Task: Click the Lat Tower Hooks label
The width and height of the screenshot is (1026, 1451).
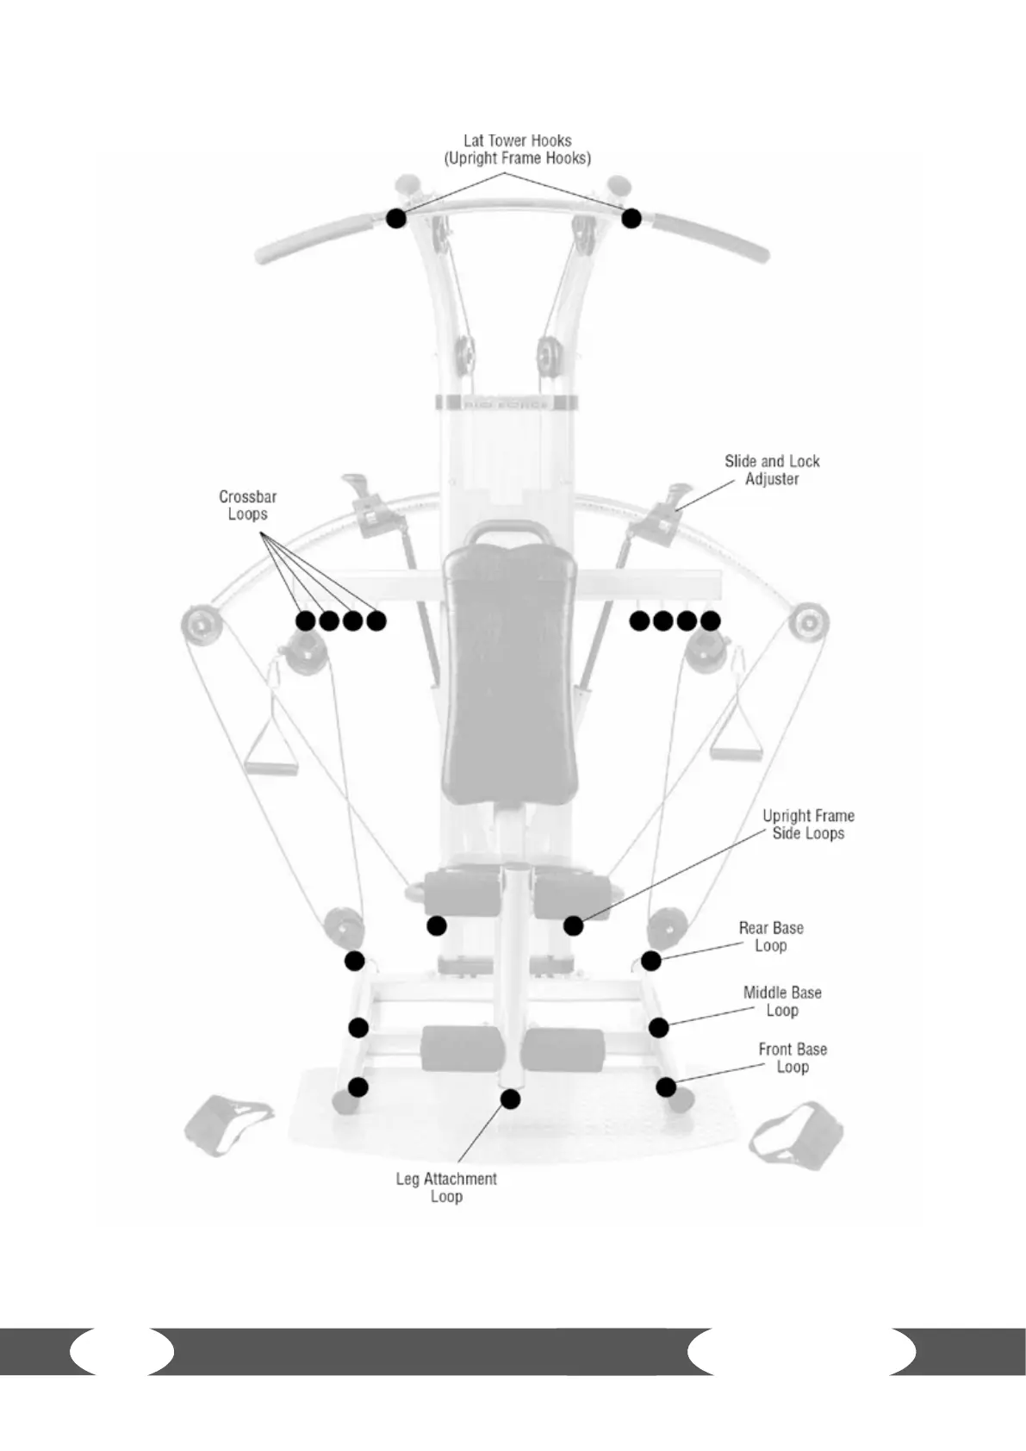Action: pyautogui.click(x=517, y=149)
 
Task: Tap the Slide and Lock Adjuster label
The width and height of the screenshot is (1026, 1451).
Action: pyautogui.click(x=772, y=470)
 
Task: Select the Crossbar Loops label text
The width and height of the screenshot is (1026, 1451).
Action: pyautogui.click(x=247, y=505)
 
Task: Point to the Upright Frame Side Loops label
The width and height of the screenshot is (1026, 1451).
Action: pyautogui.click(x=808, y=824)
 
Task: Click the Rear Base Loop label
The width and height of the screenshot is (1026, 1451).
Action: pyautogui.click(x=771, y=937)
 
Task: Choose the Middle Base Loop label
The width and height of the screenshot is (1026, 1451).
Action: pyautogui.click(x=782, y=1001)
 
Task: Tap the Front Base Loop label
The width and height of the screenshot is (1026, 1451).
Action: pyautogui.click(x=793, y=1058)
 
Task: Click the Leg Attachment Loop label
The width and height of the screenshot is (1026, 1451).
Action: pyautogui.click(x=446, y=1187)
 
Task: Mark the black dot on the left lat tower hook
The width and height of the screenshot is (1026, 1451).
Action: pyautogui.click(x=396, y=218)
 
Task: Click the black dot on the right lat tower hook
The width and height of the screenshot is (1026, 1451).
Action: pyautogui.click(x=631, y=218)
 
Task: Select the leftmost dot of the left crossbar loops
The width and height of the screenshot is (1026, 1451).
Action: pyautogui.click(x=305, y=620)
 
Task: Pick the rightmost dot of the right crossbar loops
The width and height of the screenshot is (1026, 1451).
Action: pyautogui.click(x=710, y=620)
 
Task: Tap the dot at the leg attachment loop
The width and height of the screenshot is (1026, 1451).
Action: pyautogui.click(x=511, y=1099)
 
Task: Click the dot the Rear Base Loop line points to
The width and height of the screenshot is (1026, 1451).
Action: pyautogui.click(x=651, y=960)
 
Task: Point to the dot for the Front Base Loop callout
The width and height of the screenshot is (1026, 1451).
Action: pyautogui.click(x=666, y=1087)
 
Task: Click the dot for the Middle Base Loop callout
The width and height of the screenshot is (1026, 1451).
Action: pyautogui.click(x=659, y=1027)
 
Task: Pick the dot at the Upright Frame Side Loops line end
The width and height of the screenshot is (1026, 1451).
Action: pyautogui.click(x=574, y=925)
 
